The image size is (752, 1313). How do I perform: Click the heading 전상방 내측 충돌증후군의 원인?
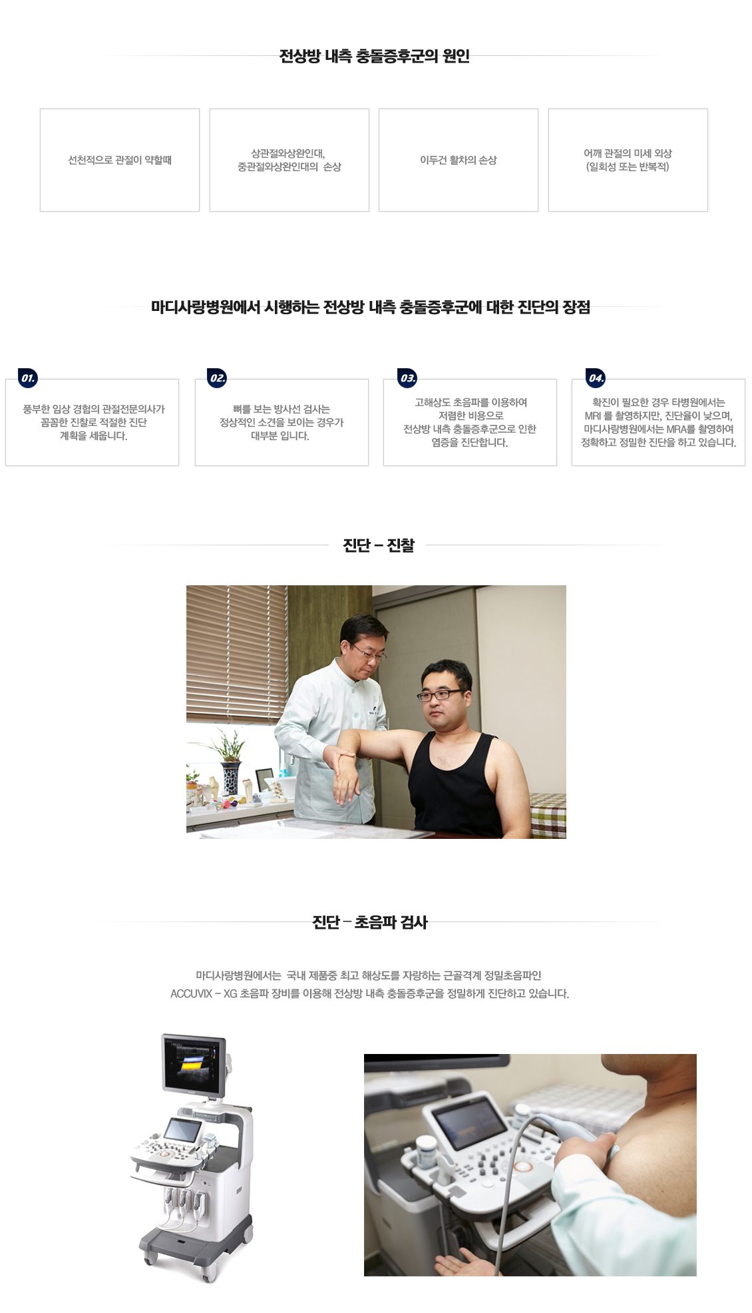coord(375,56)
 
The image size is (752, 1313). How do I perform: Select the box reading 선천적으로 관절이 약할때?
coord(120,160)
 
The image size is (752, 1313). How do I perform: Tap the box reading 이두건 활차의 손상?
coord(458,160)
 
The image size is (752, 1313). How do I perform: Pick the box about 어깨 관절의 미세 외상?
coord(628,160)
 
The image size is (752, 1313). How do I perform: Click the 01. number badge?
coord(28,378)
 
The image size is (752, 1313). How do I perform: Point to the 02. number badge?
coord(218,378)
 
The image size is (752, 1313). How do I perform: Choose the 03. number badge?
coord(407,378)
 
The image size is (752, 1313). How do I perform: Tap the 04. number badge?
coord(596,378)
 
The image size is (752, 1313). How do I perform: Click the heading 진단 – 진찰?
coord(378,545)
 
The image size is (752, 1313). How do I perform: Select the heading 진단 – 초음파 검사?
coord(370,922)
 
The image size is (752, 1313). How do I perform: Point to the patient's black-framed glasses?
coord(439,695)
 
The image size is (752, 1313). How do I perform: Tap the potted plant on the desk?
coord(230,759)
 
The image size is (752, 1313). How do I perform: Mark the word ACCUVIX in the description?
coord(191,993)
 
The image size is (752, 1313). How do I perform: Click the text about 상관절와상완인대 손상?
coord(289,160)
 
